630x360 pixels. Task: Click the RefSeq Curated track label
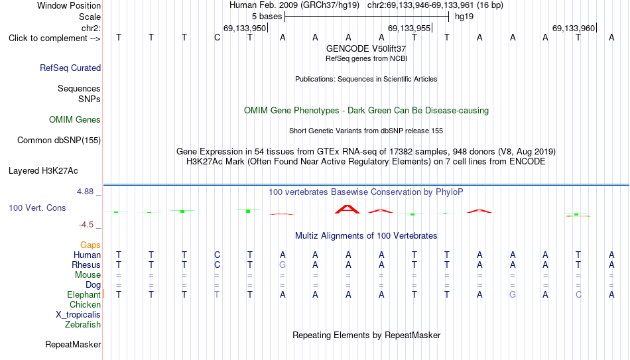tap(70, 68)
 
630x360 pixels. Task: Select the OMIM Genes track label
tap(75, 120)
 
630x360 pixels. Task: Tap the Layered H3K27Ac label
tap(43, 171)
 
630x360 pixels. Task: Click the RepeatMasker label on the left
tap(73, 344)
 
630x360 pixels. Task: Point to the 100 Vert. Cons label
tap(37, 208)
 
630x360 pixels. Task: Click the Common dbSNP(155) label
tap(59, 141)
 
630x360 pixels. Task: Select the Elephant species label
tap(84, 294)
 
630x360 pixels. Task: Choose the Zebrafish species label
tap(83, 324)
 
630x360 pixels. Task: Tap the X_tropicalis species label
tap(78, 315)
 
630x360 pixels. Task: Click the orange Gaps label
tap(90, 245)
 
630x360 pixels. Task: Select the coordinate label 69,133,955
tap(409, 28)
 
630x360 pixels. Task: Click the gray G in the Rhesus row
tap(283, 265)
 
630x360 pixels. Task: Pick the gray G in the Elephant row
tap(512, 294)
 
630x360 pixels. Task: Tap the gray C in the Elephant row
tap(578, 294)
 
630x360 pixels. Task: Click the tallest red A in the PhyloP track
tap(347, 209)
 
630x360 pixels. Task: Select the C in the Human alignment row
tap(217, 255)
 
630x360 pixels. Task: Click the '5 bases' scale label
tap(267, 17)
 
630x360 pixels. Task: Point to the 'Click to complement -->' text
tap(54, 38)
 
